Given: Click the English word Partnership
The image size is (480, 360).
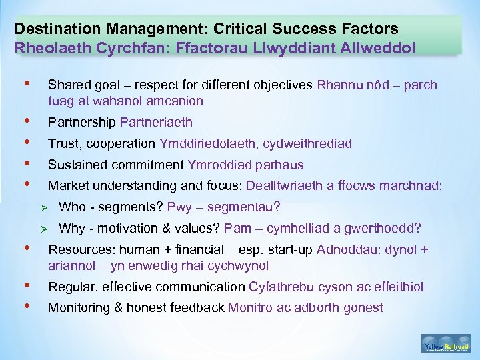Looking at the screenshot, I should (x=82, y=122).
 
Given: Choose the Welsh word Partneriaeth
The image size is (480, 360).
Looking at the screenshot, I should (x=156, y=122).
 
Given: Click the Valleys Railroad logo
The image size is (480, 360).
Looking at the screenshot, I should (x=445, y=342).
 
